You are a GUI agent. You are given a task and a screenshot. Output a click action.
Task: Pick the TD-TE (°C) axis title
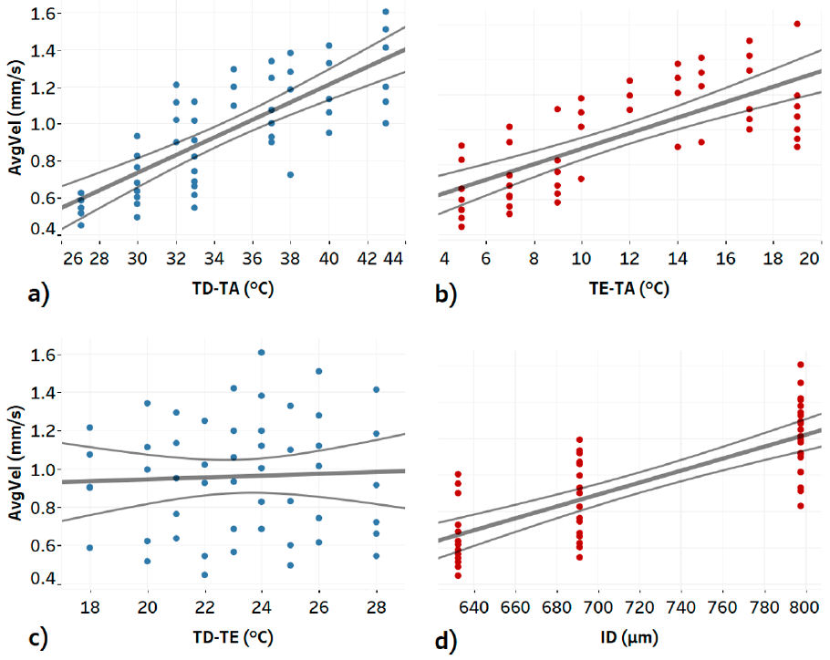(x=234, y=634)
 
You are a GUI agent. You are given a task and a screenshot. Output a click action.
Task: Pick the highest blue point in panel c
(x=262, y=353)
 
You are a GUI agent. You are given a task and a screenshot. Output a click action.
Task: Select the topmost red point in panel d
(x=801, y=365)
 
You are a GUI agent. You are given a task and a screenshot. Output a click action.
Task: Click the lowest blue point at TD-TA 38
(x=290, y=174)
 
